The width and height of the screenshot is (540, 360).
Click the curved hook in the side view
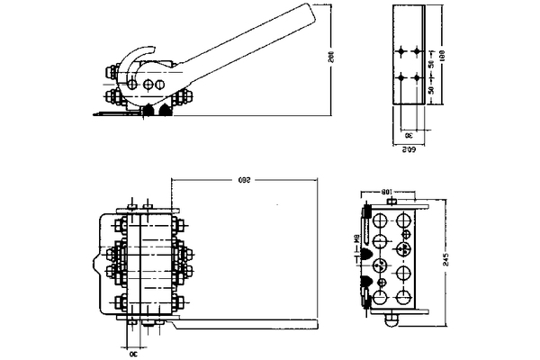coord(135,63)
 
